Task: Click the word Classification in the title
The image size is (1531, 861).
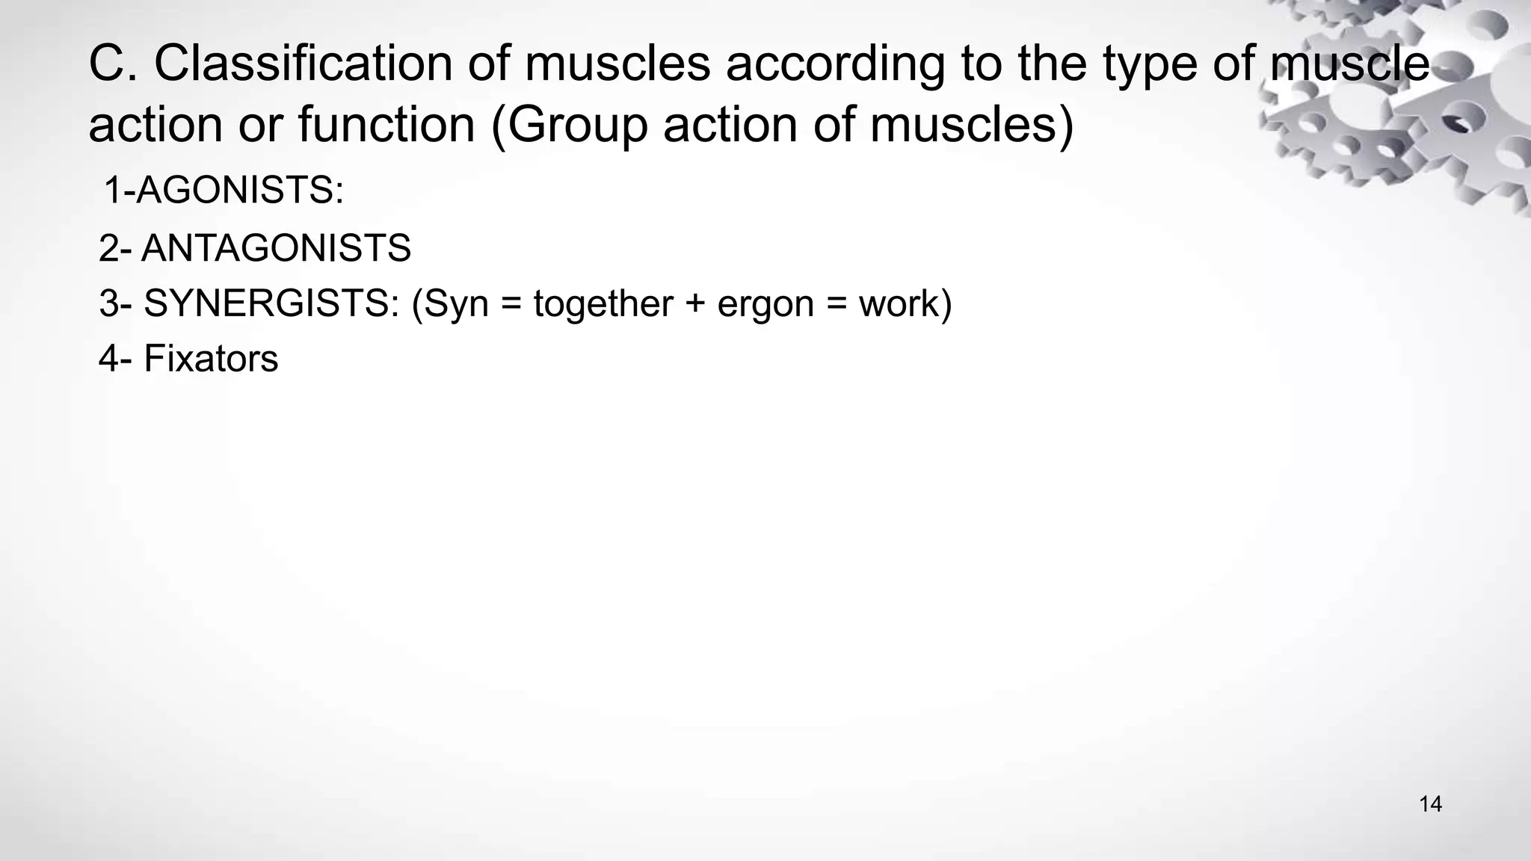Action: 303,64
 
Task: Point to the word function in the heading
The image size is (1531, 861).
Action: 386,125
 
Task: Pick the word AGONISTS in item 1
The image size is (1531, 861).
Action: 239,190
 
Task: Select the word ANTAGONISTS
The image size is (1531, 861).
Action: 276,248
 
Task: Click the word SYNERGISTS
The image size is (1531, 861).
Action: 271,304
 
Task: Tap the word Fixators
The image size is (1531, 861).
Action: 211,359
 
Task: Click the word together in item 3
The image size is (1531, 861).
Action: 603,304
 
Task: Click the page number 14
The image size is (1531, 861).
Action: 1430,804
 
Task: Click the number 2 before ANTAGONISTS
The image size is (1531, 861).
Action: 109,248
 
